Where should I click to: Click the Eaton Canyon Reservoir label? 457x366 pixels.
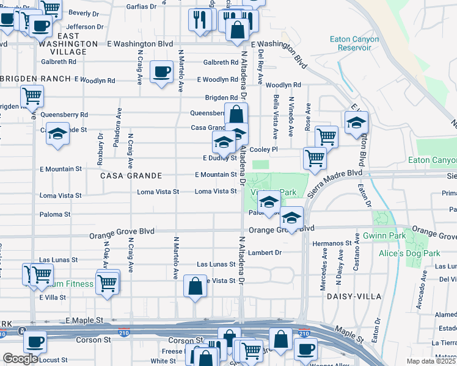(x=354, y=44)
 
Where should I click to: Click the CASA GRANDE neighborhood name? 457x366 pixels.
(x=132, y=176)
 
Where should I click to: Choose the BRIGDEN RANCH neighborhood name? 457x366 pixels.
(x=37, y=79)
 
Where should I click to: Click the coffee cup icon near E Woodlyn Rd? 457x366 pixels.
(x=161, y=72)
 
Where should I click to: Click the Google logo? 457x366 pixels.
(x=21, y=358)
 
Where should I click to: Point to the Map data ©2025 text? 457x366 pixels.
(x=431, y=361)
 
